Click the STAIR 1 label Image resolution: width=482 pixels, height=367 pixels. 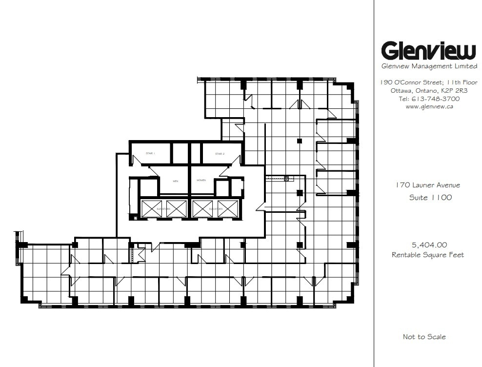[x=150, y=154]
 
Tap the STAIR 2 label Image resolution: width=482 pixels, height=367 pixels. [x=220, y=154]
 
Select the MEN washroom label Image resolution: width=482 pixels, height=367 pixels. [x=176, y=180]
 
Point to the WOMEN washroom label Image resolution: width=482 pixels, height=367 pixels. [x=201, y=180]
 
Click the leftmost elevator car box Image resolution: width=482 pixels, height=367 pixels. [x=151, y=208]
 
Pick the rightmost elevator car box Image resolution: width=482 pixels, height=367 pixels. [x=228, y=208]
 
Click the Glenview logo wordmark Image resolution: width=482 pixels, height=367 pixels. [x=428, y=50]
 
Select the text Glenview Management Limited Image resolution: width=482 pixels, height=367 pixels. [x=428, y=66]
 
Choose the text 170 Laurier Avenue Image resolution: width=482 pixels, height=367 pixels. [x=428, y=185]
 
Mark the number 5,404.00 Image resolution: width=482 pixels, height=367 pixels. [x=429, y=245]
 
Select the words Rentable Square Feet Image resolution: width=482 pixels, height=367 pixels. [x=428, y=255]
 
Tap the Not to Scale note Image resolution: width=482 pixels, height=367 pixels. [x=424, y=337]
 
